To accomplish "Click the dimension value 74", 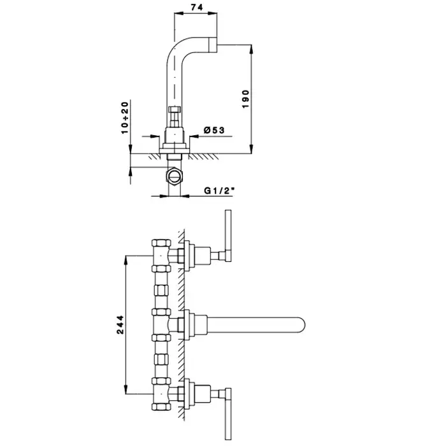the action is pyautogui.click(x=197, y=7).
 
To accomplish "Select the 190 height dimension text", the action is pyautogui.click(x=245, y=99).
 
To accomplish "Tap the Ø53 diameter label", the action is pyautogui.click(x=214, y=130).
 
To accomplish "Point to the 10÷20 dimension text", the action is pyautogui.click(x=125, y=118).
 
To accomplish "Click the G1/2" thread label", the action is pyautogui.click(x=219, y=191).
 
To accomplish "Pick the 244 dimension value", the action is pyautogui.click(x=120, y=324).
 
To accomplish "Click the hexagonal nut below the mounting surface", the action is pyautogui.click(x=175, y=177).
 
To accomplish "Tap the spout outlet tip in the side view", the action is pyautogui.click(x=213, y=45).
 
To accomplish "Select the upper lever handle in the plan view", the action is pyautogui.click(x=228, y=236).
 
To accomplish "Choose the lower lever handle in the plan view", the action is pyautogui.click(x=228, y=414).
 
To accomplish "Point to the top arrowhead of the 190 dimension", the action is pyautogui.click(x=251, y=49).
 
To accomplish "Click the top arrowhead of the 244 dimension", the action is pyautogui.click(x=126, y=261).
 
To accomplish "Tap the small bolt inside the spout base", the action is pyautogui.click(x=174, y=117).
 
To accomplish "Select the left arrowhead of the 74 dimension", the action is pyautogui.click(x=178, y=13).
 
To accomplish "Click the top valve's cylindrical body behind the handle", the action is pyautogui.click(x=202, y=255).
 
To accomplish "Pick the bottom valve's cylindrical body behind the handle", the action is pyautogui.click(x=202, y=394).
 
